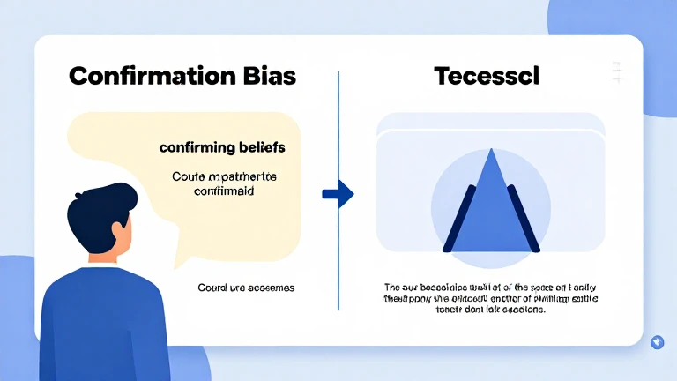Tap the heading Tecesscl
coord(487,76)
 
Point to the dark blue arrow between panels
coord(337,193)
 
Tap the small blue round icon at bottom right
coord(656,342)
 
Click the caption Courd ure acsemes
coord(246,288)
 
